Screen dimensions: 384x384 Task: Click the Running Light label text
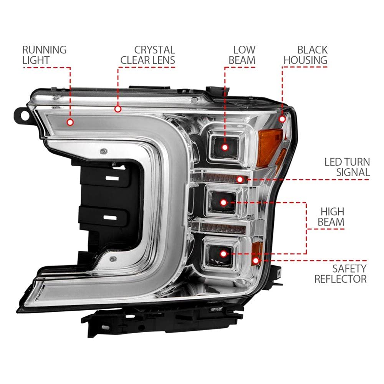tap(44, 55)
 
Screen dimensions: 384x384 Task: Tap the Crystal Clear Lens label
tap(148, 55)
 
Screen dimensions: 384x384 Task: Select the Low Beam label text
tap(242, 55)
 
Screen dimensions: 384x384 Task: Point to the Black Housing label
tap(305, 55)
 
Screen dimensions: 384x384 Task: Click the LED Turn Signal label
tap(347, 167)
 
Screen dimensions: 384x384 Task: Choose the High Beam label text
tap(331, 217)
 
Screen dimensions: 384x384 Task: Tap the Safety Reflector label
tap(340, 274)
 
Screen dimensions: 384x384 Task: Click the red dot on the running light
tap(70, 122)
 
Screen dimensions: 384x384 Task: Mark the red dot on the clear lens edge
tap(118, 109)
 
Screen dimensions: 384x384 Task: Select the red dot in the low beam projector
tap(225, 147)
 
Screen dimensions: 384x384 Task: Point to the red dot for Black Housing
tap(282, 119)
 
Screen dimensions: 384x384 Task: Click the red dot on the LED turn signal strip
tap(240, 180)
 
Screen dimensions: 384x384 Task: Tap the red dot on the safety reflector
tap(255, 261)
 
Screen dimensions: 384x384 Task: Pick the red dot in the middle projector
tap(223, 202)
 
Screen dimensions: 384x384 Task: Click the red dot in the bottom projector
tap(223, 254)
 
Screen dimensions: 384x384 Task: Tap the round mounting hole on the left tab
tap(25, 115)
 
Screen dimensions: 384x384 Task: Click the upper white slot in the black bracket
tap(112, 178)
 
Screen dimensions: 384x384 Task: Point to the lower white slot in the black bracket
tap(110, 217)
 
